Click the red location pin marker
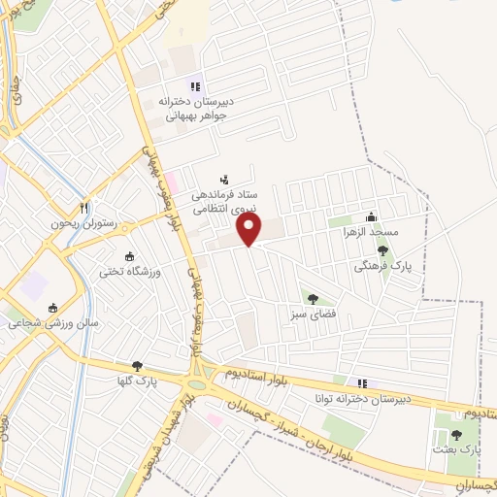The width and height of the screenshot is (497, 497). point(250,230)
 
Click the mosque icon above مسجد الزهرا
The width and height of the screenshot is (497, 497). point(370,217)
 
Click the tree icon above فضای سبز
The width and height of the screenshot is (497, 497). point(312,298)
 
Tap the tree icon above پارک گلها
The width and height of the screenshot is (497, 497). point(136,366)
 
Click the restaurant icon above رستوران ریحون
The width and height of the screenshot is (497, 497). point(84,207)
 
